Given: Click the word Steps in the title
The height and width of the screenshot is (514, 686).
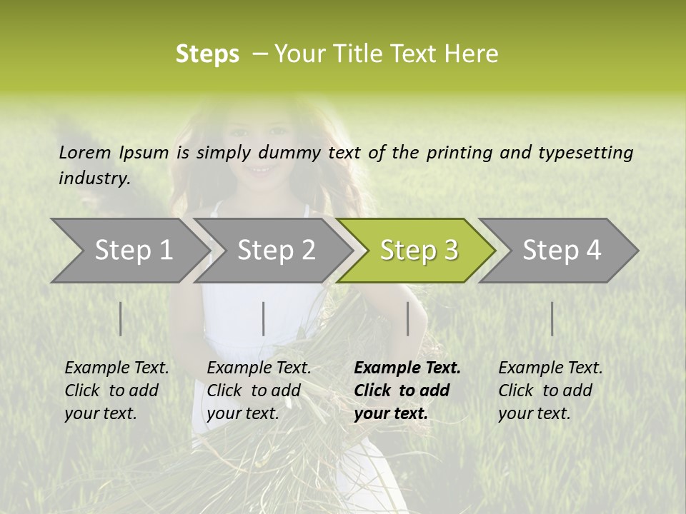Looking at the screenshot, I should click(207, 54).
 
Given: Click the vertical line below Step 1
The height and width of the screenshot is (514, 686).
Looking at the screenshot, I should click(121, 318).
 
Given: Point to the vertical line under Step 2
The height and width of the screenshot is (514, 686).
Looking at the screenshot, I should click(264, 318).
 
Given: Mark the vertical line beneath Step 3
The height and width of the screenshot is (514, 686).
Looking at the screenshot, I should click(408, 318).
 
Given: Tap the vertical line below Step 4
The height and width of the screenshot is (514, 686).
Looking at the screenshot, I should click(552, 318).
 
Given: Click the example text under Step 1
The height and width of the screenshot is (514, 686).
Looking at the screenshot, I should click(116, 390).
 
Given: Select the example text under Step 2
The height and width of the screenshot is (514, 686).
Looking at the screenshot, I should click(259, 390).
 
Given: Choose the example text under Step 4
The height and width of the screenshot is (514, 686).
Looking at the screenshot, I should click(550, 390).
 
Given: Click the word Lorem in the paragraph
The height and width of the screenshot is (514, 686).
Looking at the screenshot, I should click(84, 152).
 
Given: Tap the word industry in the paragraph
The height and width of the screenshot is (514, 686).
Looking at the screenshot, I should click(94, 178).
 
